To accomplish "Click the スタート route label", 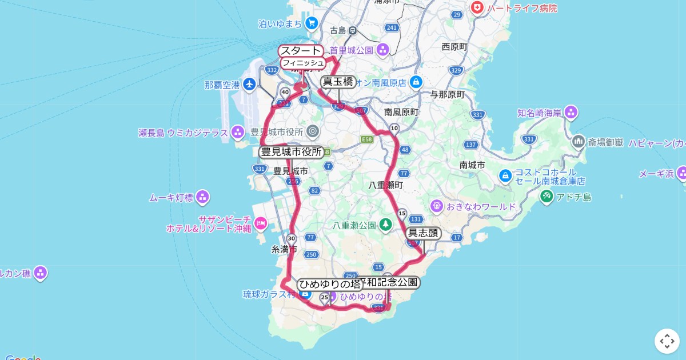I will (x=301, y=51).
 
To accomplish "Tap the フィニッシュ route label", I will (x=303, y=63).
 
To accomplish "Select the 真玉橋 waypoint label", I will (x=338, y=81).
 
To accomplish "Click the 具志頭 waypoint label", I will (x=424, y=233).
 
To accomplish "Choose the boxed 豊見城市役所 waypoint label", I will (x=292, y=152).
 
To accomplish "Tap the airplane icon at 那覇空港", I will (x=249, y=85).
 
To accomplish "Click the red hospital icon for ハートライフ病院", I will (x=476, y=8).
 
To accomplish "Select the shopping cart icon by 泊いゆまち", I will (x=312, y=23).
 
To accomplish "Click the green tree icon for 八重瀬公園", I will (x=386, y=225).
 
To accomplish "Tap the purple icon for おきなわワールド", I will (x=437, y=205).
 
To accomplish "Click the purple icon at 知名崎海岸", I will (x=571, y=113).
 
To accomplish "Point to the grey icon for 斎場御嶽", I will (x=579, y=141).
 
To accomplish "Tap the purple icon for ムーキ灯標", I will (x=202, y=198).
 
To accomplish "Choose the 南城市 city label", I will (x=472, y=165).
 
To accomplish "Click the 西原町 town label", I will (x=454, y=47).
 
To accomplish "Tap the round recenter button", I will (x=667, y=341).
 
